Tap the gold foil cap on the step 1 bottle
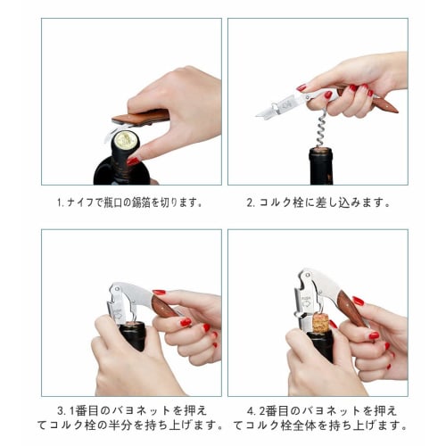pos(125,140)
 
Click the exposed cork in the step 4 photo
pos(319,322)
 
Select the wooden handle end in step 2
pos(384,103)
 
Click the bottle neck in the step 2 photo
pos(321,166)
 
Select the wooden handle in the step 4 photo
pos(351,309)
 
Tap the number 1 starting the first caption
pos(60,202)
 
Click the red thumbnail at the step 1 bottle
pos(132,161)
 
